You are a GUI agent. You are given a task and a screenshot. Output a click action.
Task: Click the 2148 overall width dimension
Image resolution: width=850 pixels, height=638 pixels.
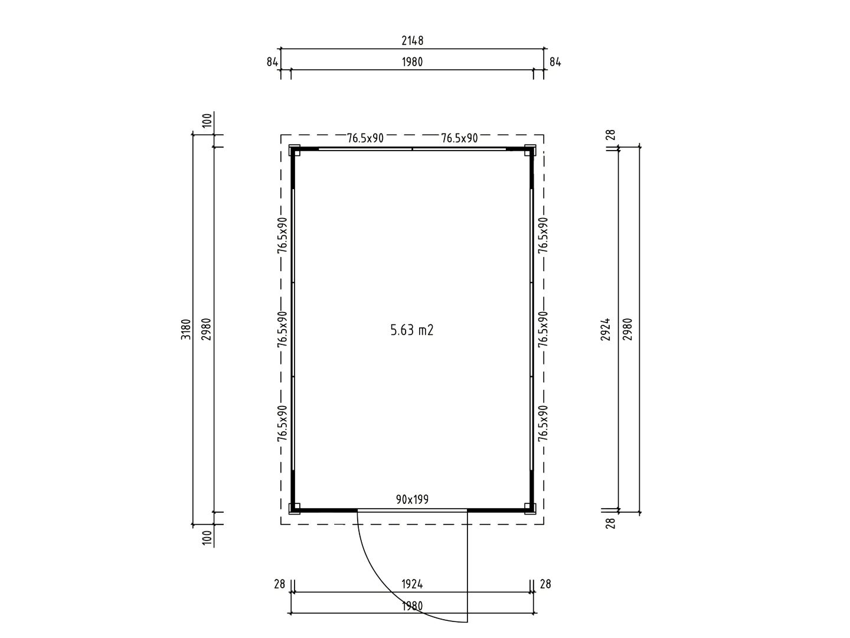tap(412, 41)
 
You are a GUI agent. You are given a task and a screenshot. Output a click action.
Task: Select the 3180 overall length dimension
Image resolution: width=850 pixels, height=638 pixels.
tap(187, 329)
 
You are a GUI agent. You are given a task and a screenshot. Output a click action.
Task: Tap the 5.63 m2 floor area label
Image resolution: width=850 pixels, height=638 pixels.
tap(411, 330)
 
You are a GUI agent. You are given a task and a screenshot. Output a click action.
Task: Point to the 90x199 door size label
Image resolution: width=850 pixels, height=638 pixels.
tap(412, 499)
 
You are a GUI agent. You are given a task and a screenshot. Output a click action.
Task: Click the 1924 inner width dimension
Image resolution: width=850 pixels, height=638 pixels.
tap(412, 584)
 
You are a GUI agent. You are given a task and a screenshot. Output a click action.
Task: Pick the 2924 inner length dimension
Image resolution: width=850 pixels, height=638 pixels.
tap(606, 329)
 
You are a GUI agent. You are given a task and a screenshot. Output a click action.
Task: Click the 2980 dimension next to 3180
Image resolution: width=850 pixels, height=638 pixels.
tap(207, 329)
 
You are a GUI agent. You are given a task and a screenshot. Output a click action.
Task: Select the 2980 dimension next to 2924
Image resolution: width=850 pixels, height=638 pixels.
tap(627, 329)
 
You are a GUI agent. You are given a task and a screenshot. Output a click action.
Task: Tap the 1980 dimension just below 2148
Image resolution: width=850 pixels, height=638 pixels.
tap(412, 62)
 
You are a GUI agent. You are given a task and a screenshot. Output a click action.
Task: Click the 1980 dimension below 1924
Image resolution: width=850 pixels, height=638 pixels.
tap(412, 606)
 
